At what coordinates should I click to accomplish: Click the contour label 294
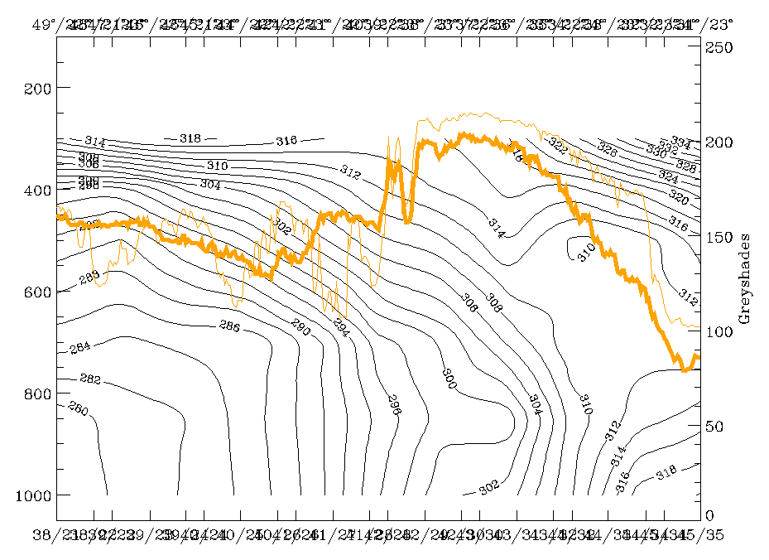(x=341, y=324)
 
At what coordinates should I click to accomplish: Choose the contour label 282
(x=89, y=379)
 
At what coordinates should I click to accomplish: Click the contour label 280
(x=77, y=408)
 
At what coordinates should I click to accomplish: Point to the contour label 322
(x=558, y=147)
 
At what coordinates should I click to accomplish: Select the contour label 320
(x=679, y=198)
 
